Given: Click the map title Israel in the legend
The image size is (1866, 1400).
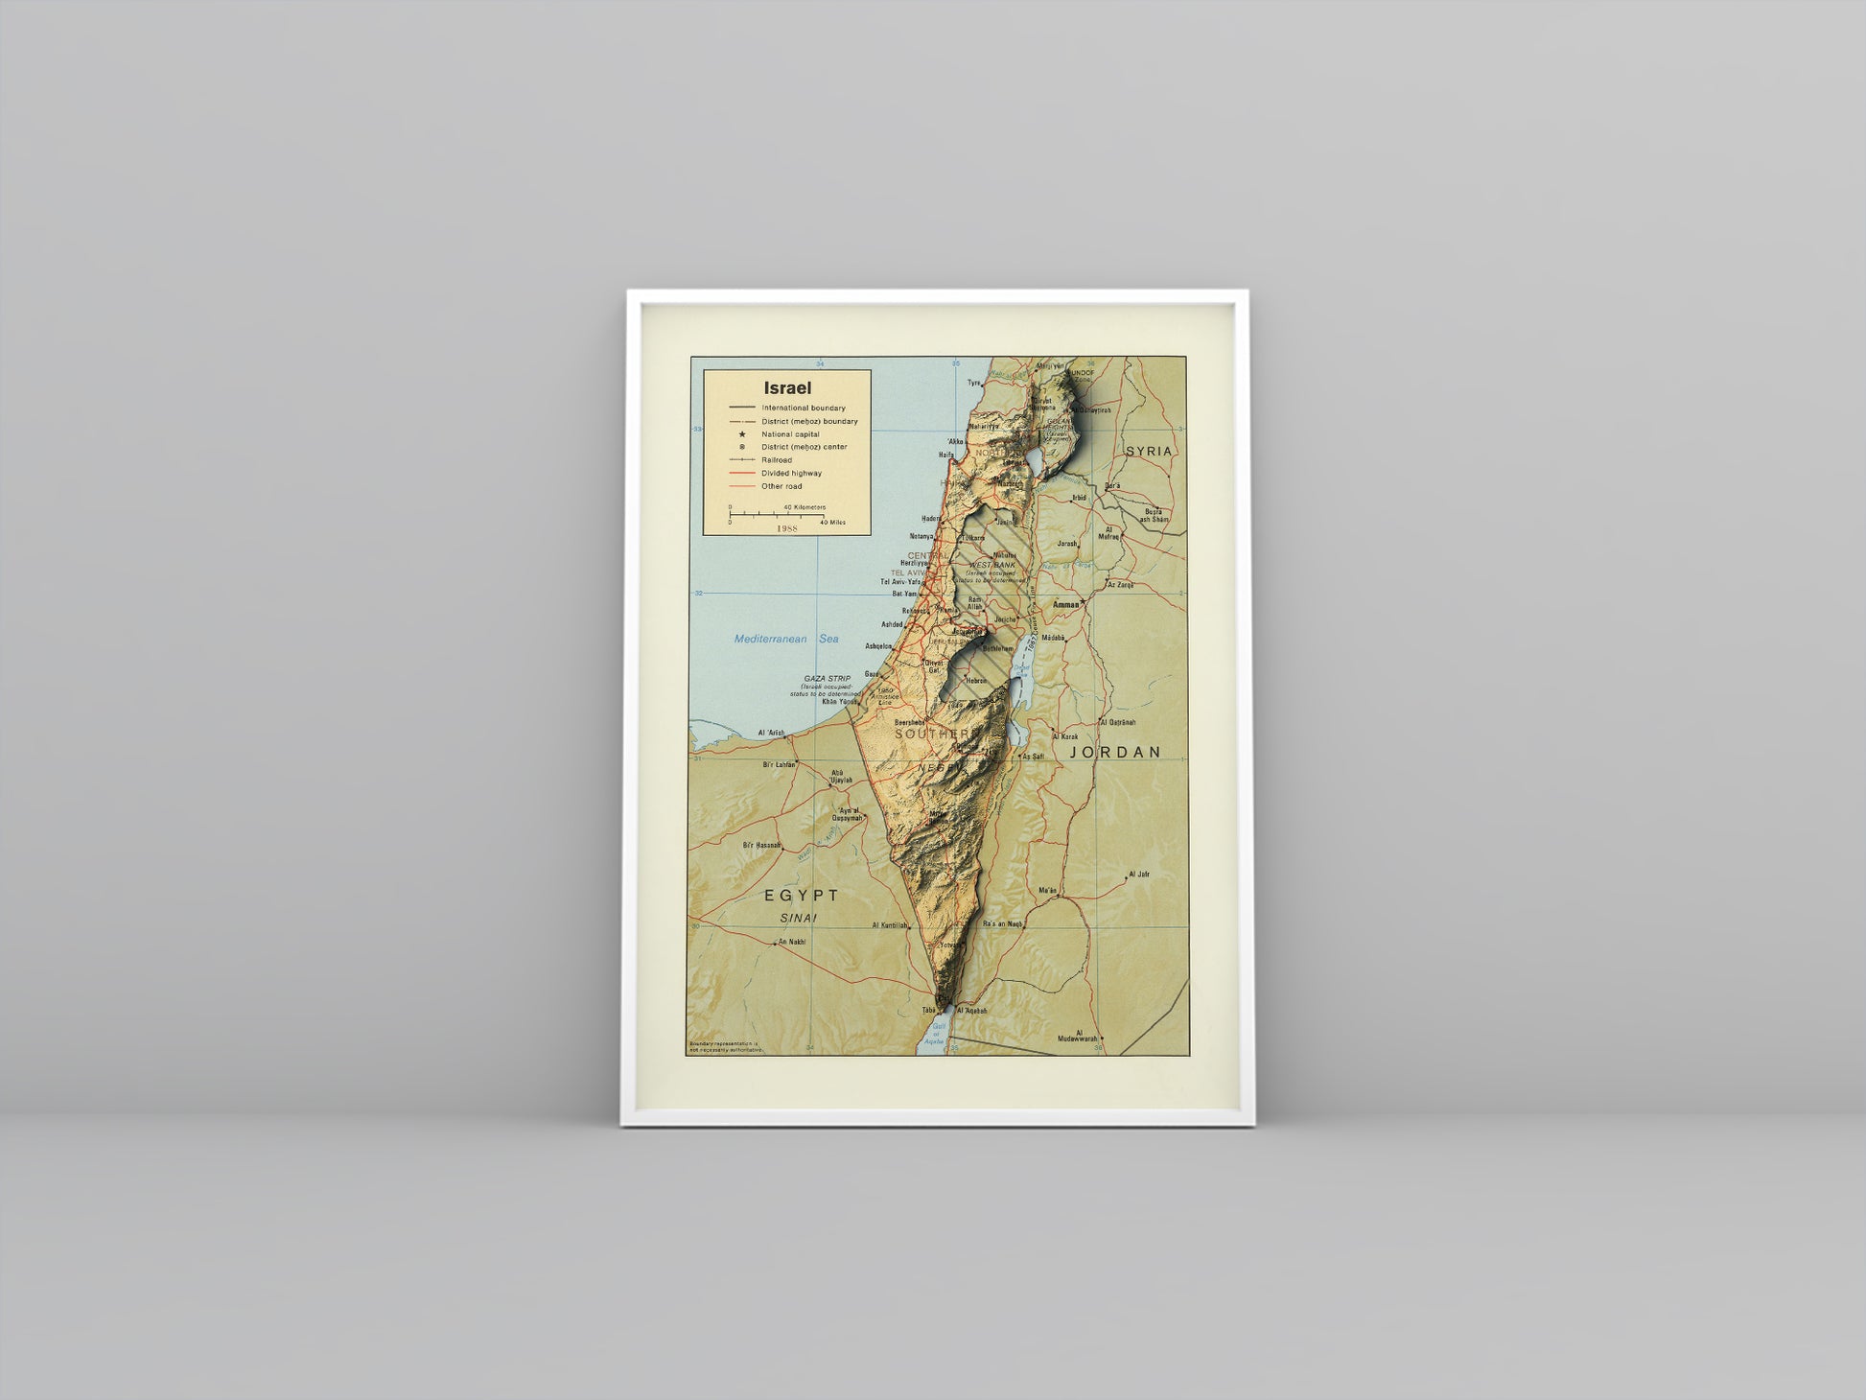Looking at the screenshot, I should pos(787,388).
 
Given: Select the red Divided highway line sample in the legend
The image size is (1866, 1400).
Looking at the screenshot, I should pos(741,473).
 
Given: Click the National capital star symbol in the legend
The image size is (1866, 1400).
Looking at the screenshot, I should pos(742,434).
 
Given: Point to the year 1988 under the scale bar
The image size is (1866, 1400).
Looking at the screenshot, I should pos(787,528).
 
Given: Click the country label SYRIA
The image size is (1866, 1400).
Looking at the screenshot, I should pos(1149,451).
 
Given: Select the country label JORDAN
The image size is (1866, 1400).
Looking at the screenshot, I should pos(1115,753).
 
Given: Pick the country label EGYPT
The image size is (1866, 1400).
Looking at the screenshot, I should pos(802,896).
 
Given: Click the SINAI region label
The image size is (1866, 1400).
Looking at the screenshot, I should pos(798,919).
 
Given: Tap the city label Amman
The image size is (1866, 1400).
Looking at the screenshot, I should pos(1064,605).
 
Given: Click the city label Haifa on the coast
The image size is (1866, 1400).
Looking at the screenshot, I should pos(946,455).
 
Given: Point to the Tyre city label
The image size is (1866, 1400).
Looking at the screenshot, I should pos(973,383).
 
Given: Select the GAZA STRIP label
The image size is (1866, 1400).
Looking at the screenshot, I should pos(827,679).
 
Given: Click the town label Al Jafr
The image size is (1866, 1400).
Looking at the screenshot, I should pos(1138,875).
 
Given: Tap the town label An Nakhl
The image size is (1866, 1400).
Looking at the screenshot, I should pos(792,942).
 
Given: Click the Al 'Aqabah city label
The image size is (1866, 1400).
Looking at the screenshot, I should pos(972,1011).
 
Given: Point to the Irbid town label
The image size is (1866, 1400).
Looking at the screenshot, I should pos(1079,499).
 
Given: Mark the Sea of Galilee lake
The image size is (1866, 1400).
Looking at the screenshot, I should pos(1035,461).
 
